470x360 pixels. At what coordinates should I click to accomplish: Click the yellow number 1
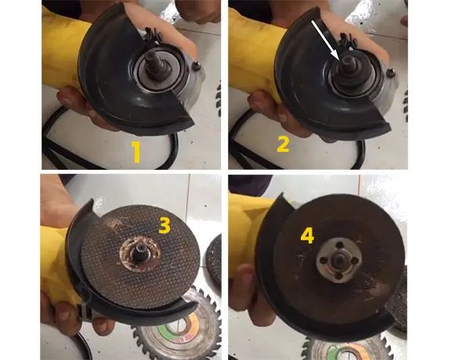pos(136,152)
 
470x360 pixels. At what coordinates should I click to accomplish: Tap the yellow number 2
pos(283,145)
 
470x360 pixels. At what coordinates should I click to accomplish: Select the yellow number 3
pos(164,225)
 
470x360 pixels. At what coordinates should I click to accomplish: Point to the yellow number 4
pos(307,236)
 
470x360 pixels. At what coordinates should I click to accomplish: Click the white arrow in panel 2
pos(326,41)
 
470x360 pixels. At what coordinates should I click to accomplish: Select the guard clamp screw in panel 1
pos(153,35)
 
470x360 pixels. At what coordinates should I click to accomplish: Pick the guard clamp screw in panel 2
pos(348,40)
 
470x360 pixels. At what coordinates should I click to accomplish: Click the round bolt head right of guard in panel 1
pos(197,66)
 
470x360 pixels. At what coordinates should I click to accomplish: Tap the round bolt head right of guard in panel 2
pos(391,73)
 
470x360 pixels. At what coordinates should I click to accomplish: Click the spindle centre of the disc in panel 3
pos(139,252)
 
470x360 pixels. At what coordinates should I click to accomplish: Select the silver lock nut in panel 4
pos(338,261)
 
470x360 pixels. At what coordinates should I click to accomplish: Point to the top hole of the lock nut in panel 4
pos(340,246)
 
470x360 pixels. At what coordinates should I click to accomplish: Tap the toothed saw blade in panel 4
pos(348,348)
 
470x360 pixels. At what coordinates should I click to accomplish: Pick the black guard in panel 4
pos(269,269)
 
